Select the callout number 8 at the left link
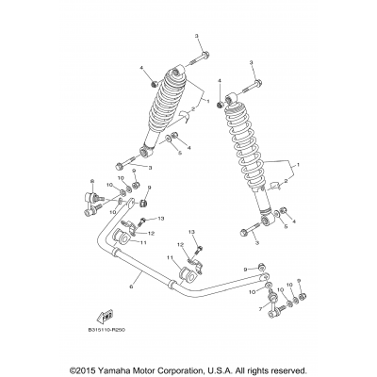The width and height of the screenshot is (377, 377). click(x=91, y=180)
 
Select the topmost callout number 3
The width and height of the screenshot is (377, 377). click(x=199, y=36)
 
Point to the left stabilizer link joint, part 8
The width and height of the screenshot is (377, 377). click(x=96, y=199)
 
